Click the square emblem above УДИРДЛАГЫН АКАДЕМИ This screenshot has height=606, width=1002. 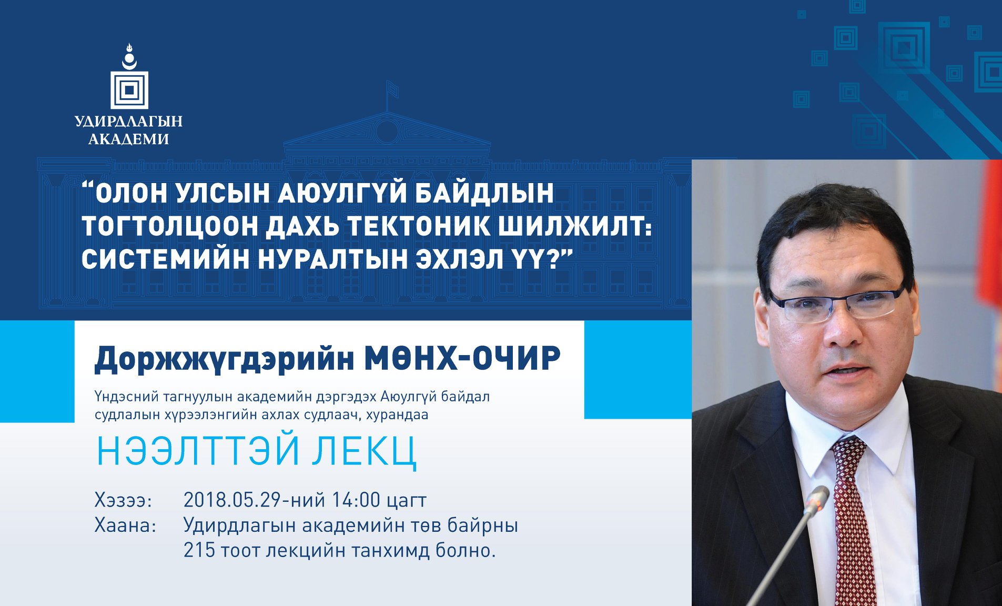[129, 90]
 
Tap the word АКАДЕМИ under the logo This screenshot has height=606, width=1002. [129, 139]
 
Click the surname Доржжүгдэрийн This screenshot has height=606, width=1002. [224, 360]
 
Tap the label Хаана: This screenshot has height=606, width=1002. [126, 526]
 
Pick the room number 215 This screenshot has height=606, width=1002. [199, 550]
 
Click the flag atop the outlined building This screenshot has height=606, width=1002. [392, 89]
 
